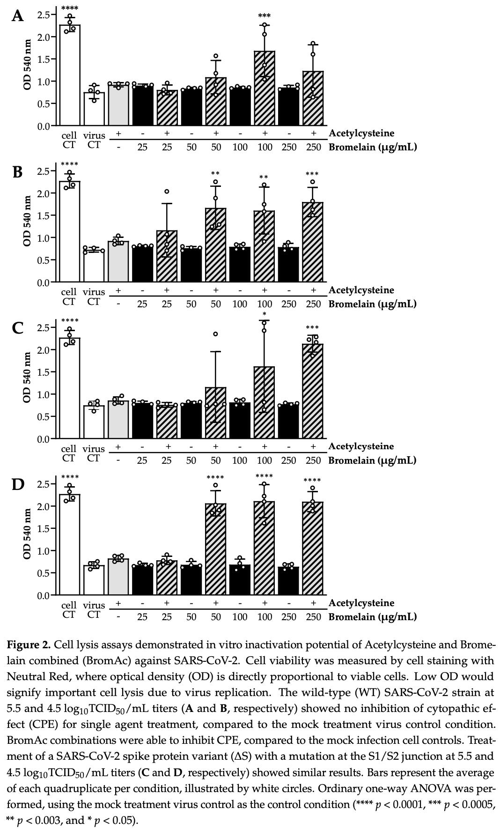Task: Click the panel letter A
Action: [x=17, y=16]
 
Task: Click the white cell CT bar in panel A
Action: [x=69, y=75]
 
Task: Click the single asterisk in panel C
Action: [x=265, y=314]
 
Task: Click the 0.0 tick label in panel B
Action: [x=44, y=282]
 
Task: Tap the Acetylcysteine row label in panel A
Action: [x=361, y=133]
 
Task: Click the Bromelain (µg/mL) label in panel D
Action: [x=372, y=616]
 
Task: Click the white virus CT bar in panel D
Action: [x=94, y=580]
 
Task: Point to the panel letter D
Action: [x=17, y=484]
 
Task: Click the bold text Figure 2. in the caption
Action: [x=29, y=645]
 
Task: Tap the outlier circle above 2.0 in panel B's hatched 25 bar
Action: [x=167, y=191]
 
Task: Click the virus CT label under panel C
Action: [x=94, y=453]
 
